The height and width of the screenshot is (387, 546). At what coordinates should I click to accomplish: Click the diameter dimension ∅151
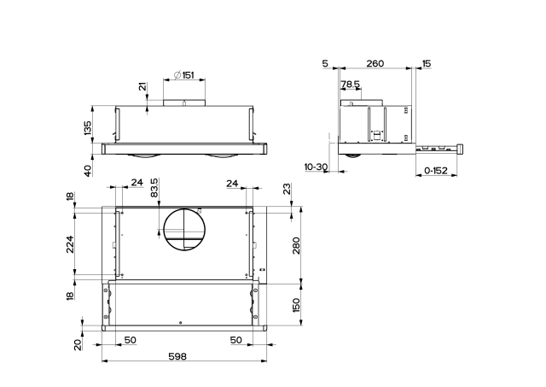click(183, 75)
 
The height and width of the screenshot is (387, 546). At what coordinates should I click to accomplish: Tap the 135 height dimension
click(87, 128)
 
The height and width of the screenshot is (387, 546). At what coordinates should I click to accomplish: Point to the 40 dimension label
click(87, 170)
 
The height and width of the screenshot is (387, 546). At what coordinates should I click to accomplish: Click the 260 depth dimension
click(375, 63)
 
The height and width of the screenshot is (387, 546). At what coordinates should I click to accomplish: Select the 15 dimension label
click(426, 63)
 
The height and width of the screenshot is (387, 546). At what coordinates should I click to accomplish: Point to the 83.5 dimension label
click(154, 187)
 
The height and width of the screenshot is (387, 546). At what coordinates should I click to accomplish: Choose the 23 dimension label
click(288, 190)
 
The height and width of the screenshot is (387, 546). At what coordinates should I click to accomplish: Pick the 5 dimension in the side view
click(325, 63)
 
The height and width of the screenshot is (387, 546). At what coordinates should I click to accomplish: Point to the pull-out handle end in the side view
click(461, 149)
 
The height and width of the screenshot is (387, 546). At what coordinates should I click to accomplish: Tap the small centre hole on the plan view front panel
click(181, 321)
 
